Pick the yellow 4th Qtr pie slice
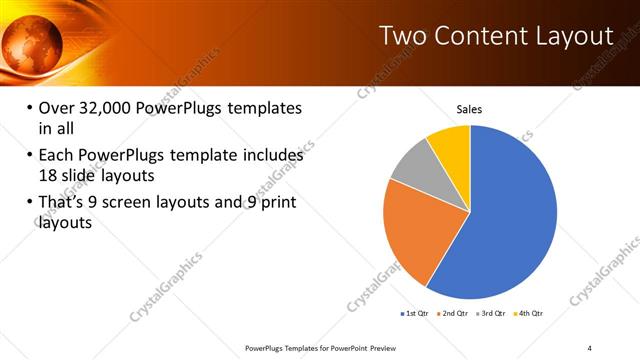click(x=451, y=145)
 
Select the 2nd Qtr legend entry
click(x=456, y=313)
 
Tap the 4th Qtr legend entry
click(x=530, y=313)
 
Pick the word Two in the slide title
click(x=404, y=36)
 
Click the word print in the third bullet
click(x=276, y=204)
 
